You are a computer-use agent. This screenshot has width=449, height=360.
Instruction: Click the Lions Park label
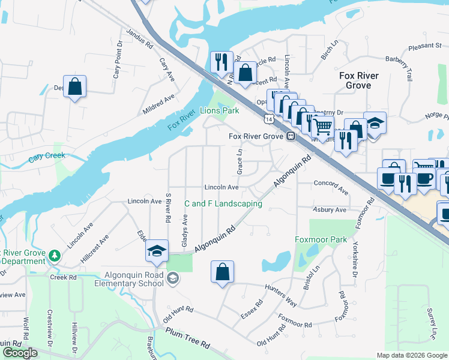(x=219, y=110)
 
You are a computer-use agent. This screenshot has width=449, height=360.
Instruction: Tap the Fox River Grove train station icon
(x=290, y=136)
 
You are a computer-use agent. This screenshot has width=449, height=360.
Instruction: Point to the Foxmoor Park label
(x=321, y=240)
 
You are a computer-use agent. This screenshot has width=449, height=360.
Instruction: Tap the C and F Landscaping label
(x=223, y=204)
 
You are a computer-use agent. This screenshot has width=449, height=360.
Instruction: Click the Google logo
(x=20, y=352)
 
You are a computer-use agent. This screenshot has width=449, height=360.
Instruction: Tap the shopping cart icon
(x=323, y=127)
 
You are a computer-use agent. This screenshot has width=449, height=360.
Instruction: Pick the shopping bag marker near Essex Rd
(x=222, y=271)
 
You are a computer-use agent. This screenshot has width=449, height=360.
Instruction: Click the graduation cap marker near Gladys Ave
(x=156, y=250)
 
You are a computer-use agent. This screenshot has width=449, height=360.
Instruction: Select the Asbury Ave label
(x=330, y=210)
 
